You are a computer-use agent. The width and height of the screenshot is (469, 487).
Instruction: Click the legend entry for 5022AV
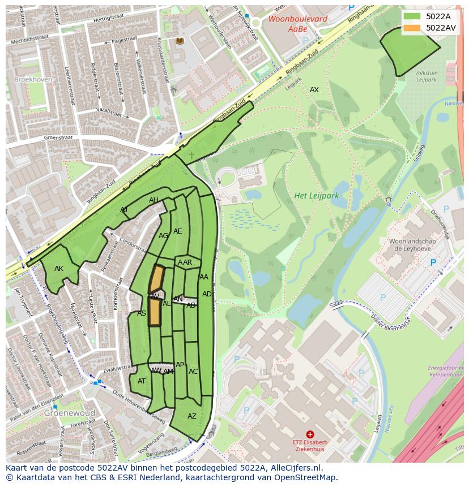click(431, 28)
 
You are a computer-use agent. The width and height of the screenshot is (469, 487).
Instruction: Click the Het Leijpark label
click(316, 196)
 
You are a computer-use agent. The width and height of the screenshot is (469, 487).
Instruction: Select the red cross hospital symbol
click(310, 434)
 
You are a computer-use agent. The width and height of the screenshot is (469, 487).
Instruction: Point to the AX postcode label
click(314, 90)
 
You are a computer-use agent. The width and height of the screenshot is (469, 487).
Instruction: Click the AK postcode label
click(59, 269)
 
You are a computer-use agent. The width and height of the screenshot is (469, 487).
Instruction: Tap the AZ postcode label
click(191, 416)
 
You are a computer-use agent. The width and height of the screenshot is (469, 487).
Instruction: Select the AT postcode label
click(142, 381)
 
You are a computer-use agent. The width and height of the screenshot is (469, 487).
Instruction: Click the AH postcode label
click(154, 200)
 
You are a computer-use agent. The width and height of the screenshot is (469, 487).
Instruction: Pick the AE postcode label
click(178, 231)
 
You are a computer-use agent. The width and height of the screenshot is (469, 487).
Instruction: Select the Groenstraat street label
click(59, 137)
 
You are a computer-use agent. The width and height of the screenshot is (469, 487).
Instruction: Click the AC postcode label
click(193, 372)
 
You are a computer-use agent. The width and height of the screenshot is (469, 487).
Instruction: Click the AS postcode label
click(142, 313)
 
